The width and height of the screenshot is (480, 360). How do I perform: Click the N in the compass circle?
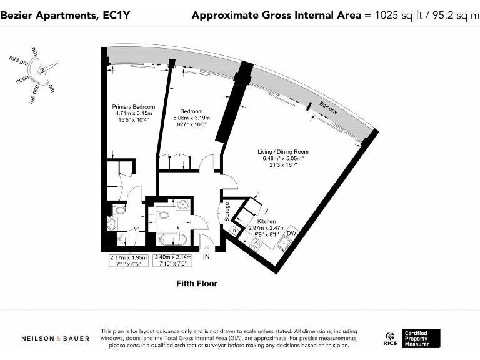42,71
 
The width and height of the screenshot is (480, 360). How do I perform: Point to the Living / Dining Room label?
283,152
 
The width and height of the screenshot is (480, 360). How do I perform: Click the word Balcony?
328,107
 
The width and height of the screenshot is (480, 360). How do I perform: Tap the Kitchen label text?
266,221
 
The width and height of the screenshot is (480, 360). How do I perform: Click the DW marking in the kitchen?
291,233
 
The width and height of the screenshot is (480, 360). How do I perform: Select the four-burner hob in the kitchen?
256,245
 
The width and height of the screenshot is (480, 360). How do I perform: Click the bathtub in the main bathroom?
171,239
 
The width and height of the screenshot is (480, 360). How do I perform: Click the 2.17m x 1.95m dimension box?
127,261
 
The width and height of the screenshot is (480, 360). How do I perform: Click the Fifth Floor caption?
196,284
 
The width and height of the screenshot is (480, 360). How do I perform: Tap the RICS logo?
389,339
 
